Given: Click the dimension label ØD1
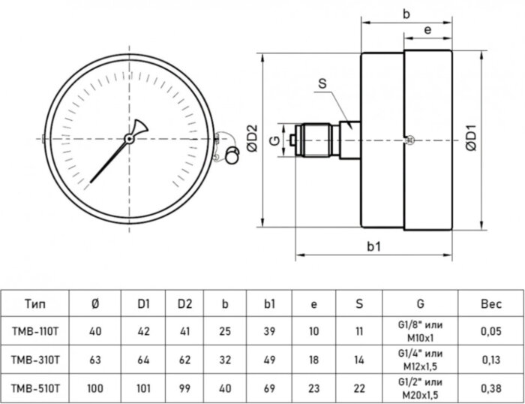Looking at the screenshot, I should point(471,140).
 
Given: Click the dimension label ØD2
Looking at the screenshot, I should point(253,140).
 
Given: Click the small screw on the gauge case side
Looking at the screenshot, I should point(408,140).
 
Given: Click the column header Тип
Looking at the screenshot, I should point(34,304).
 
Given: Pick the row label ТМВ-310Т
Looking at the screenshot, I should point(34,359).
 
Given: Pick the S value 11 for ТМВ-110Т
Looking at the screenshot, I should point(358,331).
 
